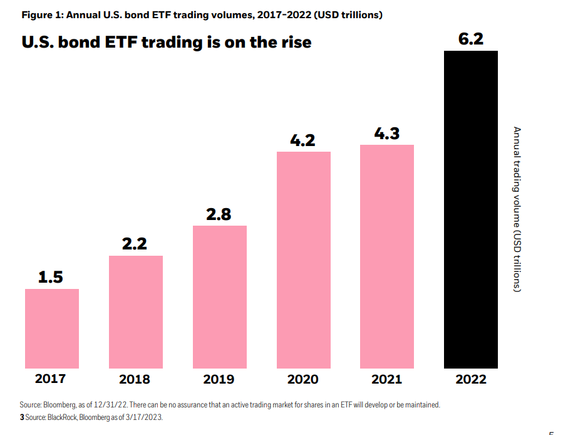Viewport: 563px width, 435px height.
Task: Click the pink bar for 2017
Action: [52, 328]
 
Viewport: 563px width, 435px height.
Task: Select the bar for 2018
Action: [136, 312]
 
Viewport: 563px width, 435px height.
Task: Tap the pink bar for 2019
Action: [220, 297]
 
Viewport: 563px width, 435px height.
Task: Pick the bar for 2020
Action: [304, 260]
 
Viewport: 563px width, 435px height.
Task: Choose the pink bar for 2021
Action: [387, 257]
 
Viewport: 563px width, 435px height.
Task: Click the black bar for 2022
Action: [471, 210]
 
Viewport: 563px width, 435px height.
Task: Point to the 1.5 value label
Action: [51, 277]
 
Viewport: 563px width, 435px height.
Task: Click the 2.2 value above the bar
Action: [134, 244]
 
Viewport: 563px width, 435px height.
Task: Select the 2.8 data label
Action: [219, 214]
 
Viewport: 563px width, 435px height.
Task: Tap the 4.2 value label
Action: [302, 140]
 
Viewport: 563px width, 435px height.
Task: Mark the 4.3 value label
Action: [386, 134]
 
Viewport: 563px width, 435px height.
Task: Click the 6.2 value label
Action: [470, 39]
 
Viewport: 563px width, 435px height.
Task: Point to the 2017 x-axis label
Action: [50, 379]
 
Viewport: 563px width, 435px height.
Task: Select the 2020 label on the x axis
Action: [302, 379]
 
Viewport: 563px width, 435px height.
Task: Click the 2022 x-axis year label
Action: [471, 379]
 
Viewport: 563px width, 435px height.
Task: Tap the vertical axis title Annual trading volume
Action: [517, 209]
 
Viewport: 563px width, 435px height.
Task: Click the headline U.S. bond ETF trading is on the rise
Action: [167, 43]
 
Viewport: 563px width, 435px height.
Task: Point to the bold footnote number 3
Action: [22, 417]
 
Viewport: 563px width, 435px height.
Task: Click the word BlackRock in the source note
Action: [63, 417]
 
